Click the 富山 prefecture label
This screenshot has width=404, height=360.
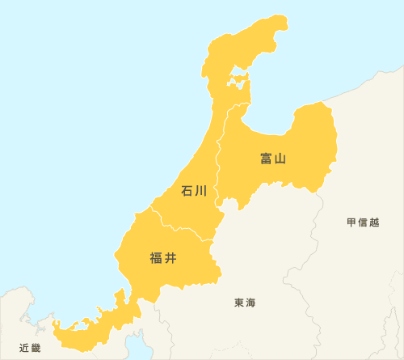pyautogui.click(x=274, y=159)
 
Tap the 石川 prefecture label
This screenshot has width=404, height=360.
pyautogui.click(x=195, y=191)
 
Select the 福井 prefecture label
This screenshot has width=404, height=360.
pyautogui.click(x=163, y=259)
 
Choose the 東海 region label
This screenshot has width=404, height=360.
pyautogui.click(x=245, y=303)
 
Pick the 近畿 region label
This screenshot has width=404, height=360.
pyautogui.click(x=29, y=348)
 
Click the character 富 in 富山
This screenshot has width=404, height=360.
pyautogui.click(x=267, y=159)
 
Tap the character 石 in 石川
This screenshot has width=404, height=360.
pyautogui.click(x=187, y=191)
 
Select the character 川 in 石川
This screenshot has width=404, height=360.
pyautogui.click(x=202, y=191)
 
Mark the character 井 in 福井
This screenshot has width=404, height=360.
pyautogui.click(x=170, y=259)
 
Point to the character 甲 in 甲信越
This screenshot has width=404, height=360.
pyautogui.click(x=351, y=222)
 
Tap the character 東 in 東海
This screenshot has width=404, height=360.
pyautogui.click(x=239, y=303)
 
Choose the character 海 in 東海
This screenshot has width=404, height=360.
pyautogui.click(x=250, y=303)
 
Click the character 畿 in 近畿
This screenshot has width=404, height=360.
pyautogui.click(x=35, y=348)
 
